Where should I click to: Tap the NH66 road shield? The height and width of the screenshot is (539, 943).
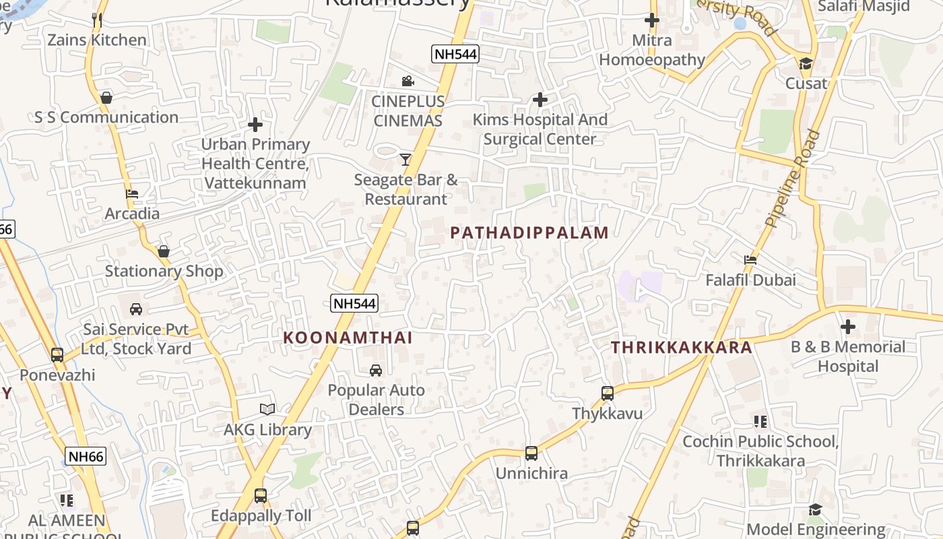86,456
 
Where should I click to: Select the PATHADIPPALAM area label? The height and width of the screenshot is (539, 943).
529,233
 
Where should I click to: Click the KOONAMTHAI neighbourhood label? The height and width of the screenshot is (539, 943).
348,338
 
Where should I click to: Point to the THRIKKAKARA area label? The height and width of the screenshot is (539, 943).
681,348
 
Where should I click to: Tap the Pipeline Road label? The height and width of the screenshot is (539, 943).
793,179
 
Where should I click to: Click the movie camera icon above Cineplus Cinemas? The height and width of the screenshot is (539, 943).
408,82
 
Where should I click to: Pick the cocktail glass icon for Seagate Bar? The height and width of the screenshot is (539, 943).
405,160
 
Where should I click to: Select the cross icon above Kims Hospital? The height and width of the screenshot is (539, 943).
540,100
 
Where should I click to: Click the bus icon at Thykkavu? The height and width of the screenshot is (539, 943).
608,393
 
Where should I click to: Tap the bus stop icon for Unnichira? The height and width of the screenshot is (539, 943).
531,453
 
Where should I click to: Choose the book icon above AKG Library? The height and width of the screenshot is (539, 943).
267,409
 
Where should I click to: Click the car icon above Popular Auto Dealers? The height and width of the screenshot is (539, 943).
376,370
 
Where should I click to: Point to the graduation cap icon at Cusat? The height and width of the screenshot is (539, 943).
806,64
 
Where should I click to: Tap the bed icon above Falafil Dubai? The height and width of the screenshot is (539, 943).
750,260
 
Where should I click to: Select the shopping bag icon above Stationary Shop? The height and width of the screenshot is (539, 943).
164,251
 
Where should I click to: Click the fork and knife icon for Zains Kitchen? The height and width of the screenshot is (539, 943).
97,20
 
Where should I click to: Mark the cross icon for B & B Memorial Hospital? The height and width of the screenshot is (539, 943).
847,327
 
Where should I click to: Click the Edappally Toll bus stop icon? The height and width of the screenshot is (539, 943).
261,496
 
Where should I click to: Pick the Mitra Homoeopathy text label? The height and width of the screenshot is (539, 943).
651,50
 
